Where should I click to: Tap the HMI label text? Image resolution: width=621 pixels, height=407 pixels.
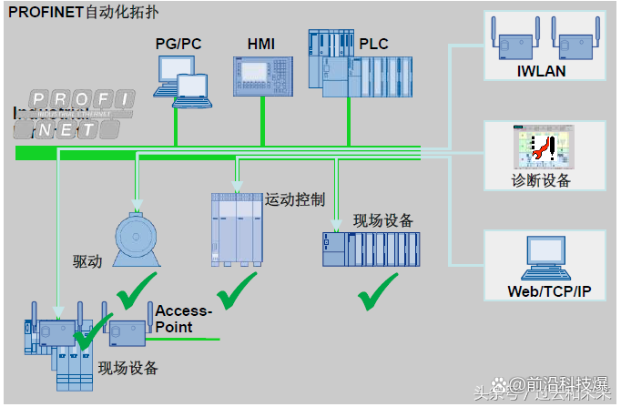click(x=260, y=43)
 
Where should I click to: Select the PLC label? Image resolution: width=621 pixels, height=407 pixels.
click(x=374, y=43)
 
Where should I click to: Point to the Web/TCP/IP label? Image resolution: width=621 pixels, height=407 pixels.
click(x=548, y=291)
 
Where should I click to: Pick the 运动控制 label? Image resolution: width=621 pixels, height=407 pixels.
click(x=295, y=198)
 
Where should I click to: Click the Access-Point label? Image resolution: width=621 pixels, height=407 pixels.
click(x=183, y=319)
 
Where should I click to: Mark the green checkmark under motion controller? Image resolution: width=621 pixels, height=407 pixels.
click(x=237, y=291)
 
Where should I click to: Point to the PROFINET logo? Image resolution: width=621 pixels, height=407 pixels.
click(x=75, y=114)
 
